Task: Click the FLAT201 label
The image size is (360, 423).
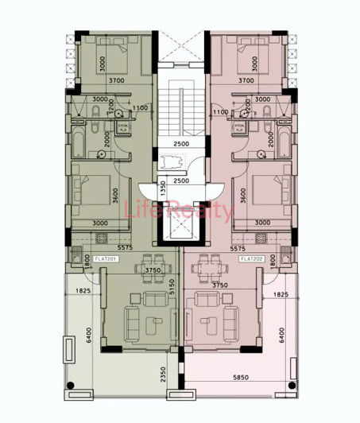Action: click(106, 258)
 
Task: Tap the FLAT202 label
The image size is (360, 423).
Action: click(251, 258)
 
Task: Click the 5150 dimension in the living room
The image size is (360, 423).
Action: click(172, 308)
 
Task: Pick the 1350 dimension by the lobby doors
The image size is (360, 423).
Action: click(162, 189)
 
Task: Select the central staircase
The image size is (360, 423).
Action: click(180, 111)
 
